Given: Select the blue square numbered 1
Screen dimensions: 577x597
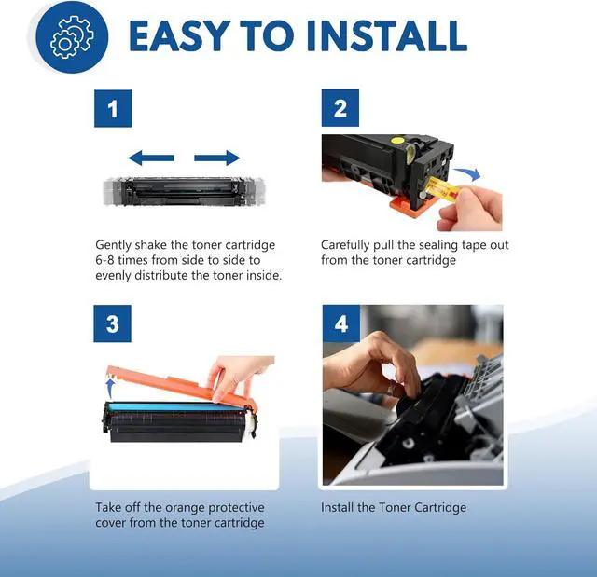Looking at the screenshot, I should pyautogui.click(x=113, y=109).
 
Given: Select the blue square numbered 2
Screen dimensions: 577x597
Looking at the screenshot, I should pyautogui.click(x=340, y=109).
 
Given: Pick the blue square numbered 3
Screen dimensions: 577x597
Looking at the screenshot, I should pyautogui.click(x=113, y=324).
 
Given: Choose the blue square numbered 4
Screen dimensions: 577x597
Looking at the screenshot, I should pyautogui.click(x=340, y=324).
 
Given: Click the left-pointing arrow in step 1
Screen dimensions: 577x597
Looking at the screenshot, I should pyautogui.click(x=150, y=158).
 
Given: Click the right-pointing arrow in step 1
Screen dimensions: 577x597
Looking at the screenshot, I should pyautogui.click(x=217, y=158).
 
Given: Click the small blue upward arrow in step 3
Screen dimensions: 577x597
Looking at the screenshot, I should pyautogui.click(x=110, y=384).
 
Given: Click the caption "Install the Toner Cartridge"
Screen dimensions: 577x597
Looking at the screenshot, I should pyautogui.click(x=394, y=507).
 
